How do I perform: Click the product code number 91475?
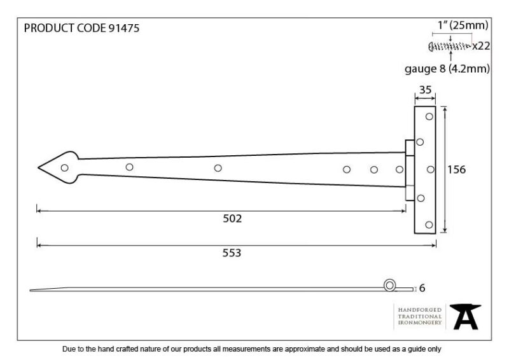click(x=123, y=28)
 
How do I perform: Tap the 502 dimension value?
click(x=232, y=218)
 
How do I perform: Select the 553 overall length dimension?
click(x=232, y=253)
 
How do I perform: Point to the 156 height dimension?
click(x=456, y=169)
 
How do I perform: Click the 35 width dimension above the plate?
click(x=425, y=90)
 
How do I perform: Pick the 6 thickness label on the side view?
click(x=422, y=288)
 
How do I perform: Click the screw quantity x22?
click(x=481, y=46)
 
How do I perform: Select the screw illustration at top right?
click(x=450, y=46)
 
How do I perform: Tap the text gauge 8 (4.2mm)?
click(x=447, y=69)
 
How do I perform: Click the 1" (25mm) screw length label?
click(x=463, y=25)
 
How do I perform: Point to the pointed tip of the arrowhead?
click(x=38, y=167)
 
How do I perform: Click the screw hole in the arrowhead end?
click(x=65, y=167)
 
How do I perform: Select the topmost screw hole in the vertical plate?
click(x=429, y=116)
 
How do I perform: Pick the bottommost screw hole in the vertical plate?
click(x=429, y=225)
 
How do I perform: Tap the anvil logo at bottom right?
click(x=465, y=316)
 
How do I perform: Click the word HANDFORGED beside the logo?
click(x=420, y=310)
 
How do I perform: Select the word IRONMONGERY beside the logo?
click(x=420, y=322)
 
